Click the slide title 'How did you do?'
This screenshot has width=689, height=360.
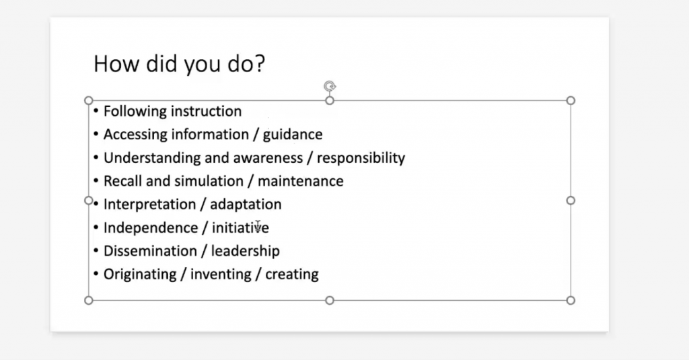pyautogui.click(x=179, y=64)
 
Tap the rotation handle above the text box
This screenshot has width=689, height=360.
pyautogui.click(x=330, y=86)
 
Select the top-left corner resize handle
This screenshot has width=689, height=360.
pyautogui.click(x=88, y=101)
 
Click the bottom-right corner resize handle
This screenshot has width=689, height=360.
pyautogui.click(x=571, y=300)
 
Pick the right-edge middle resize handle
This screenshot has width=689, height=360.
pyautogui.click(x=571, y=201)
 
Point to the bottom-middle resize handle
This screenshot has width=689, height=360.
pyautogui.click(x=330, y=300)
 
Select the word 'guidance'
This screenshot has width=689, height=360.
pyautogui.click(x=293, y=135)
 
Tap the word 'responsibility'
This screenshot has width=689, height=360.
pyautogui.click(x=361, y=158)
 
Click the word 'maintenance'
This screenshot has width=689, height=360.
pyautogui.click(x=301, y=181)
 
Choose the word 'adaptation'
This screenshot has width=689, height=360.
pyautogui.click(x=246, y=205)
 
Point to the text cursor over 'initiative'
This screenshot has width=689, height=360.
pyautogui.click(x=258, y=226)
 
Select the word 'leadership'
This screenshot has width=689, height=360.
pyautogui.click(x=245, y=251)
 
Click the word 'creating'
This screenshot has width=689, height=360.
pyautogui.click(x=292, y=275)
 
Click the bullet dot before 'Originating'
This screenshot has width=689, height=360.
pyautogui.click(x=96, y=274)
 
